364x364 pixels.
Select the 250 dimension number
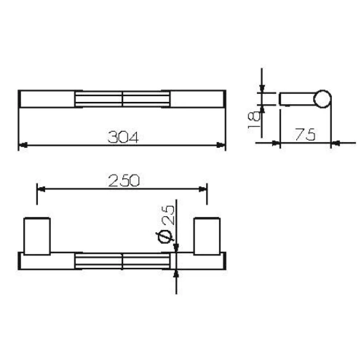point(123,179)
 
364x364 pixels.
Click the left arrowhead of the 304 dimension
point(22,146)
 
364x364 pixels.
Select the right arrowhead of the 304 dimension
point(221,146)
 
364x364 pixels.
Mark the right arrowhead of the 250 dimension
point(203,189)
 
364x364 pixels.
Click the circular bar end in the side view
point(322,98)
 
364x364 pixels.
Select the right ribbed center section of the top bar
point(146,99)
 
